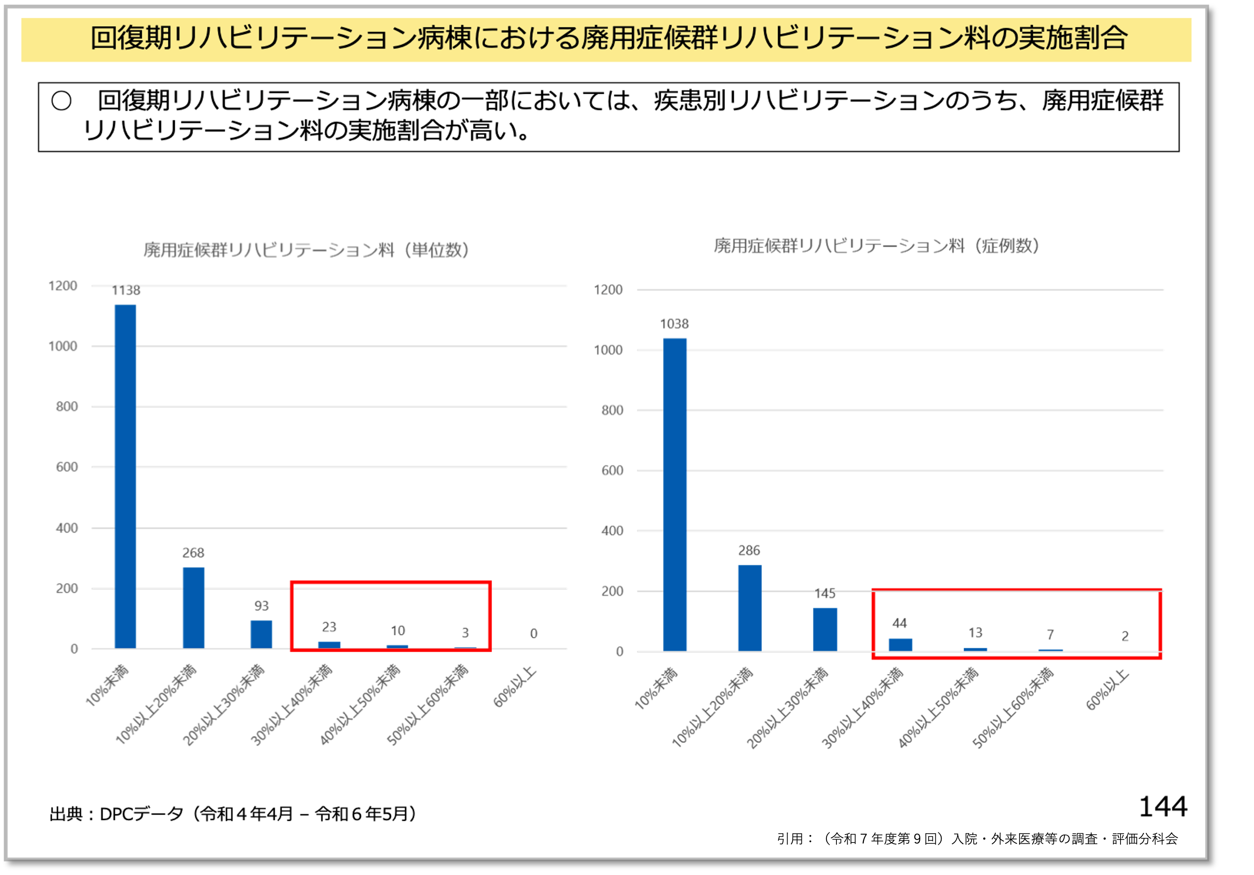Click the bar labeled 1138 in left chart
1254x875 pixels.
tap(125, 476)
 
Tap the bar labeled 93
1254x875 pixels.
tap(261, 634)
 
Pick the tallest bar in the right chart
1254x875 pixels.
tap(675, 494)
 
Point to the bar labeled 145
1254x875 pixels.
tap(825, 629)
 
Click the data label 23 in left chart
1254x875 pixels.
tap(329, 627)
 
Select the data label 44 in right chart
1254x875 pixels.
tap(899, 623)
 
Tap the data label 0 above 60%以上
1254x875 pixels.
tap(534, 633)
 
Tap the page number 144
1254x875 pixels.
tap(1163, 806)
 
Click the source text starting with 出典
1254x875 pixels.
tap(233, 814)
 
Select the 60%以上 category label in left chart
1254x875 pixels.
tap(515, 687)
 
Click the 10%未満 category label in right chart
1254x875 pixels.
tap(656, 688)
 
